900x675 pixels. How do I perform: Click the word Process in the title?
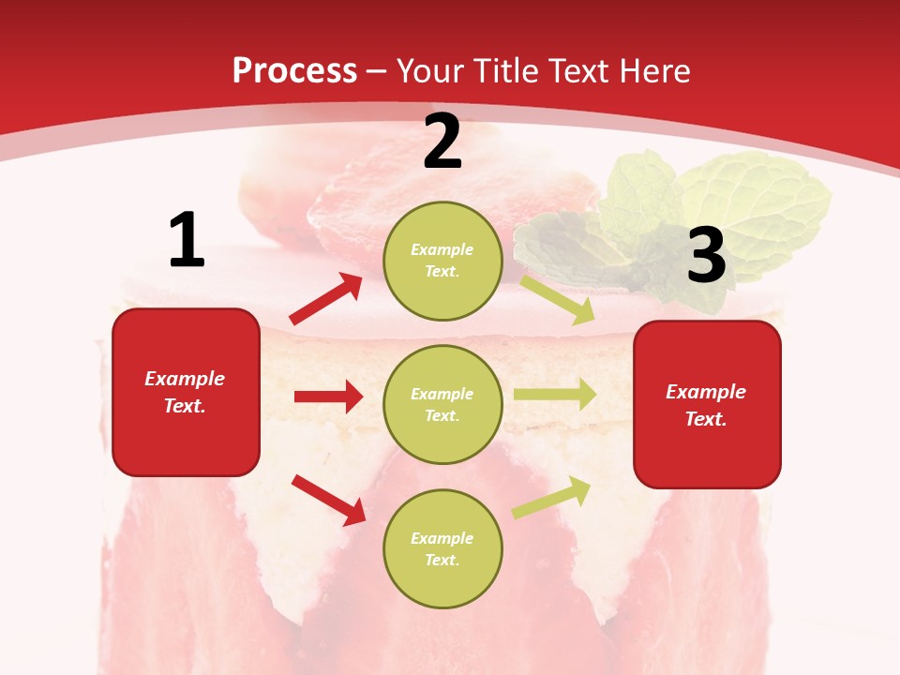click(x=294, y=70)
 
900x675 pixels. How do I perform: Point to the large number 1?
click(x=187, y=241)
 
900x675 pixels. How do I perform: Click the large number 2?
click(x=442, y=142)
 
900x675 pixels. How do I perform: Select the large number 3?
click(x=706, y=255)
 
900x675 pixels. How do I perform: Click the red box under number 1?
click(x=186, y=392)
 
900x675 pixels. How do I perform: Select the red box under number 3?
click(x=707, y=404)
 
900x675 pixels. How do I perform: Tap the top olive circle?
click(x=442, y=260)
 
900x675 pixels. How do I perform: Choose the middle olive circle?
click(x=442, y=404)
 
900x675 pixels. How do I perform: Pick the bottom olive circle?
click(x=442, y=548)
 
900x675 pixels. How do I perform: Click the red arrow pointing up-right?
click(x=326, y=299)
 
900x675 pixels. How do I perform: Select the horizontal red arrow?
click(x=328, y=397)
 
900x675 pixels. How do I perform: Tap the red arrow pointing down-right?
click(x=329, y=499)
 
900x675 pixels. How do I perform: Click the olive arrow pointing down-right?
click(x=558, y=299)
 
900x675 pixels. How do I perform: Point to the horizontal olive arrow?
click(x=555, y=395)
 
